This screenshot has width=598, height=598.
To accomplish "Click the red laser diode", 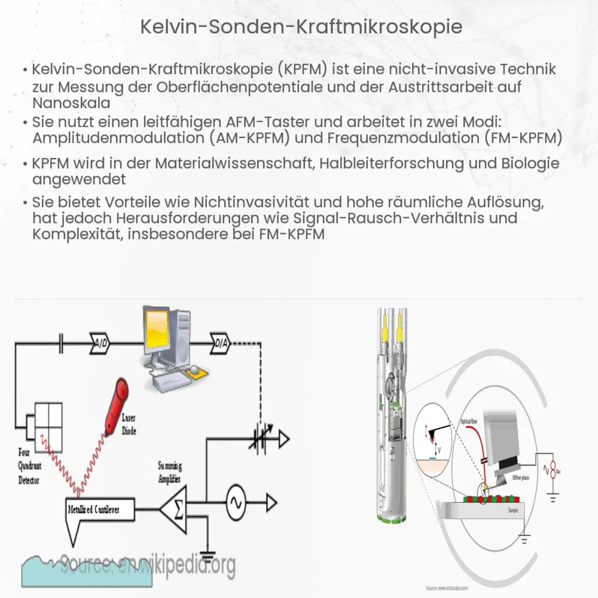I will point(115,399).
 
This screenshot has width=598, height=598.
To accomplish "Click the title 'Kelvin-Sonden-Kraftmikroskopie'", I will point(299,27).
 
